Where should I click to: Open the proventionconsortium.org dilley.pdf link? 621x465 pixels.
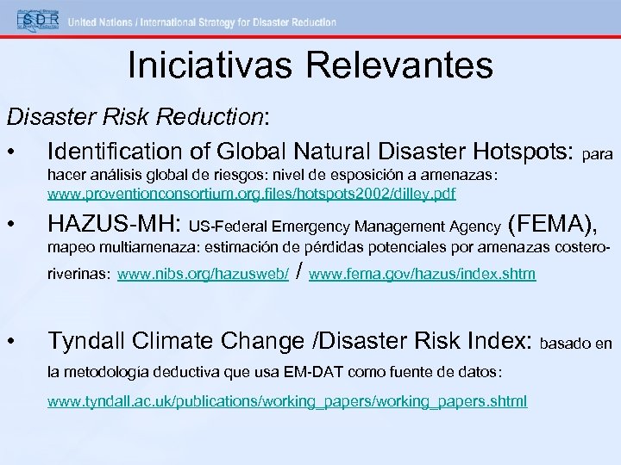[251, 193]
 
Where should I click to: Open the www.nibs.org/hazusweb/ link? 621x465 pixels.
[203, 275]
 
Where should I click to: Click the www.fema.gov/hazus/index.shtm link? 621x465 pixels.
[422, 275]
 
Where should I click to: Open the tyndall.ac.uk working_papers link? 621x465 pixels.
[287, 402]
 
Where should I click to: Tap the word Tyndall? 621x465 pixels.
[91, 341]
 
